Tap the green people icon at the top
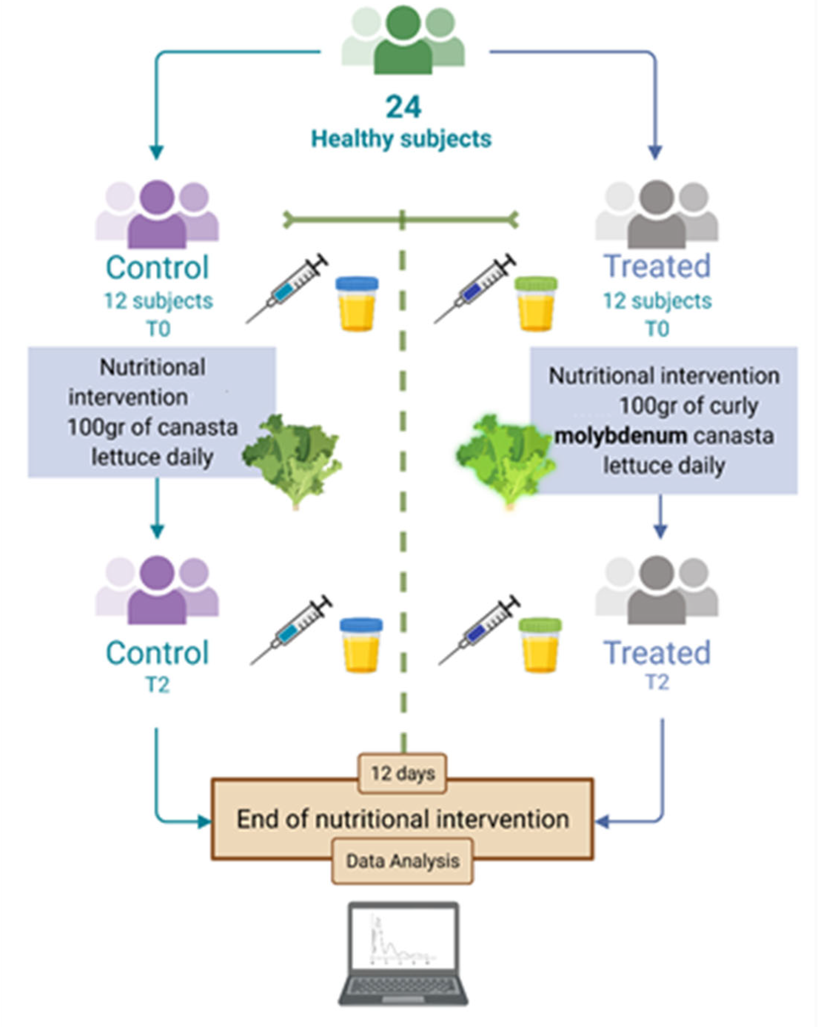pyautogui.click(x=403, y=41)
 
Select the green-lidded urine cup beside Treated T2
pyautogui.click(x=540, y=645)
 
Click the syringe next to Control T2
pyautogui.click(x=291, y=630)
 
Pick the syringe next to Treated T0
pyautogui.click(x=476, y=289)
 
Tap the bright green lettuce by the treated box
pyautogui.click(x=506, y=460)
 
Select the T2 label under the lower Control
pyautogui.click(x=157, y=685)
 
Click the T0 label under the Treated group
pyautogui.click(x=657, y=329)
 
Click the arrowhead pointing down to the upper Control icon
pyautogui.click(x=156, y=152)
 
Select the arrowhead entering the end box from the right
pyautogui.click(x=602, y=822)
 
